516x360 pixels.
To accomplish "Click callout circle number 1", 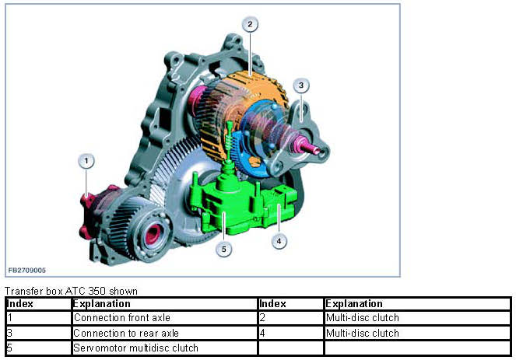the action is pos(87,161).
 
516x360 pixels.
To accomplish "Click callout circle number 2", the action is pos(249,25).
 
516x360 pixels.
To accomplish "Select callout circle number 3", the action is pos(301,86).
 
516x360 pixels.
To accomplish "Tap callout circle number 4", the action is pos(279,241).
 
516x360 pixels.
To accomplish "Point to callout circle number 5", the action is pos(224,250).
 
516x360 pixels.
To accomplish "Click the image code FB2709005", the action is pos(27,270).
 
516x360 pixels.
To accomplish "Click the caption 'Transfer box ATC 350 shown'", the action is pos(72,291).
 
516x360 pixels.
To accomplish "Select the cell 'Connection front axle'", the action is pos(121,317).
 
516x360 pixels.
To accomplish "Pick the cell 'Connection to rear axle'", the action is pos(126,333).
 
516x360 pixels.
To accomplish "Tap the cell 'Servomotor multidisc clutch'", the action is pos(135,348).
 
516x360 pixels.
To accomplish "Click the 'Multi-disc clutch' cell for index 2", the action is pos(362,317).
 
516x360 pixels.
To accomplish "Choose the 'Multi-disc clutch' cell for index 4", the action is pos(362,333).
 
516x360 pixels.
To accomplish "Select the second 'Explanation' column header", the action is pos(354,303).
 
